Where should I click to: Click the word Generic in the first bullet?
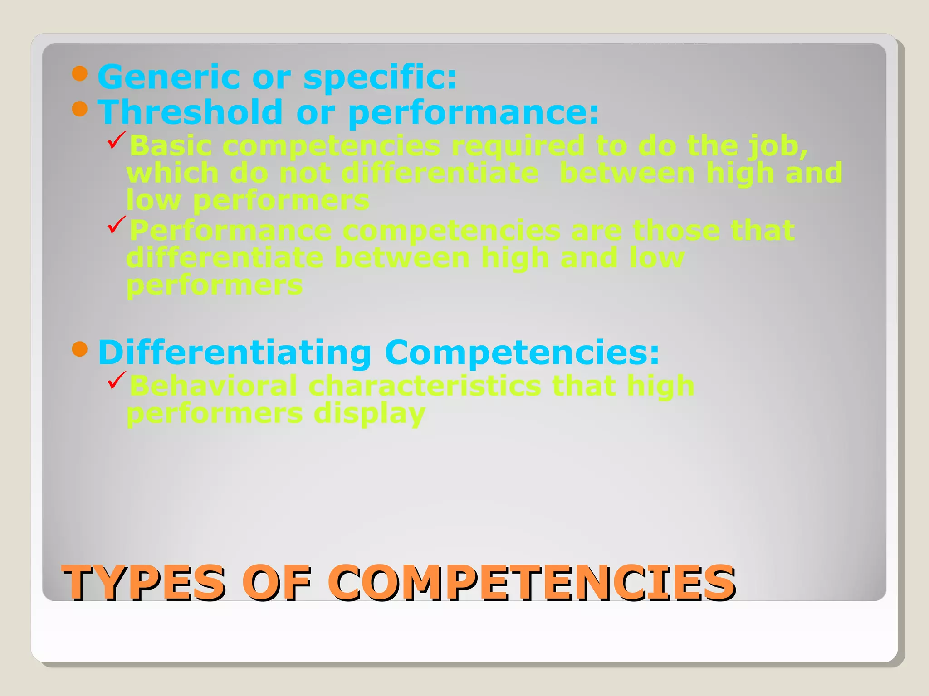[x=169, y=77]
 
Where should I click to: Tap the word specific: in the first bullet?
[x=380, y=78]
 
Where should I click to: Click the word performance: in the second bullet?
[x=474, y=113]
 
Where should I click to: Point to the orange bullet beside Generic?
[x=80, y=73]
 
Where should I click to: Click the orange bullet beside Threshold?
[x=80, y=109]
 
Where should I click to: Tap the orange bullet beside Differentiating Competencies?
[x=80, y=349]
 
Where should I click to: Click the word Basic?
[x=171, y=146]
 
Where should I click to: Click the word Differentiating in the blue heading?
[x=235, y=353]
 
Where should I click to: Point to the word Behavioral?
[x=213, y=386]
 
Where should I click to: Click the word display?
[x=369, y=414]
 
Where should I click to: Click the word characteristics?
[x=425, y=386]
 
